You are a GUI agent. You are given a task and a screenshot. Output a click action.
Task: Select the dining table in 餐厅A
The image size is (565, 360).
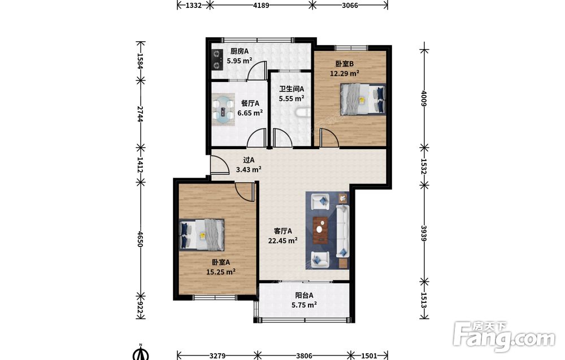(224, 110)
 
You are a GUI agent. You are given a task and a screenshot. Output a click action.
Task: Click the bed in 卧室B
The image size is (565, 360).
(363, 99)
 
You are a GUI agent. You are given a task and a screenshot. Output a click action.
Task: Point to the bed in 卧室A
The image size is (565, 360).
(202, 235)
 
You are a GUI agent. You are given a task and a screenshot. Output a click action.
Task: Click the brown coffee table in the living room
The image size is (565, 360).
(320, 229)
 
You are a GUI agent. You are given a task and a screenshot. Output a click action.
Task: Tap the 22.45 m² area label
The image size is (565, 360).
(282, 240)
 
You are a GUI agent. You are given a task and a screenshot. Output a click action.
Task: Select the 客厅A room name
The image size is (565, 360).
(283, 231)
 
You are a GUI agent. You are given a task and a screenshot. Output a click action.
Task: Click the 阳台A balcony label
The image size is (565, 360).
(304, 296)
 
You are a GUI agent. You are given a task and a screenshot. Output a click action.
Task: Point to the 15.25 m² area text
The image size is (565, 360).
(220, 272)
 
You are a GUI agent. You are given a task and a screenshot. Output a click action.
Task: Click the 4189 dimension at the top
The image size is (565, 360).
(261, 5)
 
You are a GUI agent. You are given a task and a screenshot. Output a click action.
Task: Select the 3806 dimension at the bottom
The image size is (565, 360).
(304, 355)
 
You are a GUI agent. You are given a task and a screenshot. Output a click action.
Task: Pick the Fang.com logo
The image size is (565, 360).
(504, 336)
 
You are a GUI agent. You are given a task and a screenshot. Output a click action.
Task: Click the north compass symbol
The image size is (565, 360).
(141, 352)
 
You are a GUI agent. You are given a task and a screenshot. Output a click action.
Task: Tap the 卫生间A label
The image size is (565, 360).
(292, 89)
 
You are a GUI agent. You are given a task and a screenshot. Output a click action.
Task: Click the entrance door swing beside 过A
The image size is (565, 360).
(219, 165)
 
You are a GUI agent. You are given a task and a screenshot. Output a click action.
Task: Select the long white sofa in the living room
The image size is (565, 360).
(342, 231)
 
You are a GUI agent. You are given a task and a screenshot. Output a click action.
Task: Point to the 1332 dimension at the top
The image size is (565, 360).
(193, 5)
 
